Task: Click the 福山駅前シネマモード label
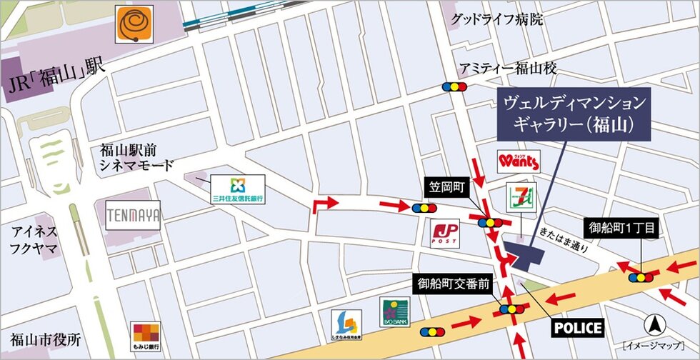[136, 158]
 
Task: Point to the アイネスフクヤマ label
[35, 240]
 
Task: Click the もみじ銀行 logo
[146, 336]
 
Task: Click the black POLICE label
[579, 328]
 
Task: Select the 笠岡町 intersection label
[448, 189]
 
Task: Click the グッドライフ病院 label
[496, 19]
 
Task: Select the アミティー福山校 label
[508, 69]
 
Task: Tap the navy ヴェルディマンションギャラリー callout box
[574, 114]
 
